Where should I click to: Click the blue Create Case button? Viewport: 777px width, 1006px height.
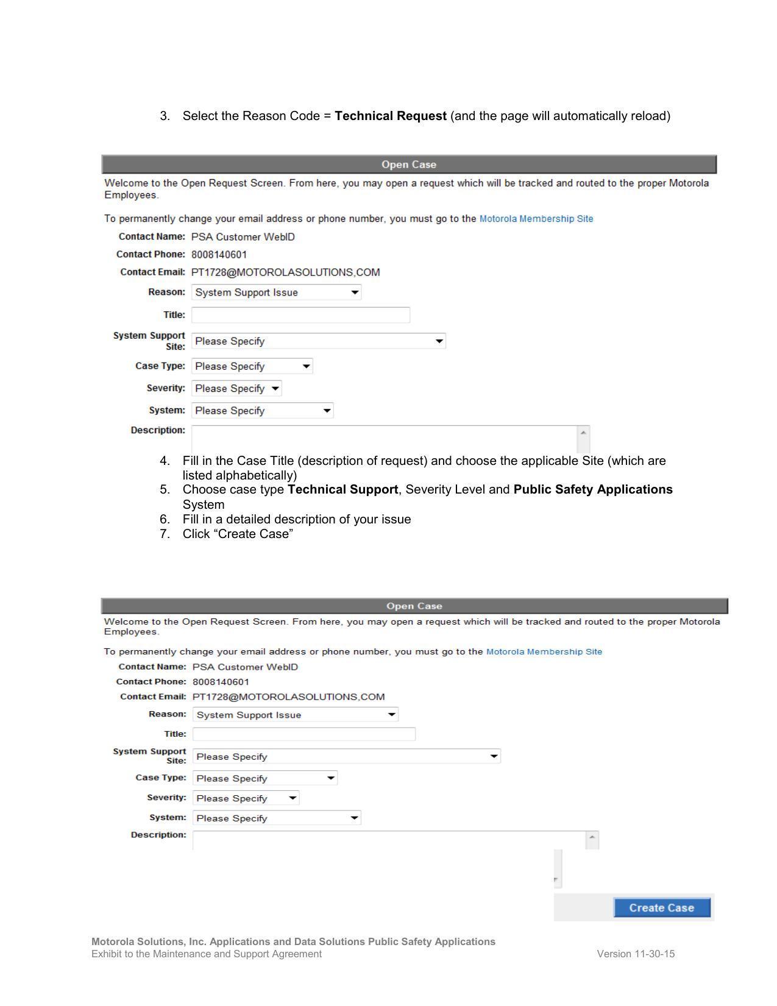(x=661, y=907)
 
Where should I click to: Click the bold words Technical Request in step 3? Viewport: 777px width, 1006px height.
(x=390, y=116)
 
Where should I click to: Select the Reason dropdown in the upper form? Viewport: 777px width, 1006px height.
(x=276, y=292)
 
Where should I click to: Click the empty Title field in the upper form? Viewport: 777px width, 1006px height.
(x=300, y=315)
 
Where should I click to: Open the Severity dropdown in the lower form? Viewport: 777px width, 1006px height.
(x=246, y=798)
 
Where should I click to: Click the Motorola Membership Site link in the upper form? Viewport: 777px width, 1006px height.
(x=536, y=219)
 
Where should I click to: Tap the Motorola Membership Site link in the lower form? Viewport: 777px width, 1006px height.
(x=544, y=651)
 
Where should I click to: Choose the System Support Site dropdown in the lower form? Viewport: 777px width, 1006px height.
(x=346, y=756)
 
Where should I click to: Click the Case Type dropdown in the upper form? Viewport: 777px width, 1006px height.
(x=252, y=366)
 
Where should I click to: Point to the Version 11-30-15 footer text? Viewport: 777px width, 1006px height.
(x=636, y=954)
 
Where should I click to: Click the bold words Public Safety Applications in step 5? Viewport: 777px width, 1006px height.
(x=592, y=489)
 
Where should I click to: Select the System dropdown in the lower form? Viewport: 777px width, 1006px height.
(x=277, y=818)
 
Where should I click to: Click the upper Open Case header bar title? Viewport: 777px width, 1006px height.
(x=408, y=165)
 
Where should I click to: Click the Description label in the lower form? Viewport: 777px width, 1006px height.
(x=158, y=835)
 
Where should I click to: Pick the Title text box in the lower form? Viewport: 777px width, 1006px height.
(x=303, y=734)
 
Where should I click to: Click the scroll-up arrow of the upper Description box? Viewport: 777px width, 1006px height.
(x=583, y=433)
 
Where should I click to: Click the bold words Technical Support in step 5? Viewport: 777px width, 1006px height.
(x=342, y=489)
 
